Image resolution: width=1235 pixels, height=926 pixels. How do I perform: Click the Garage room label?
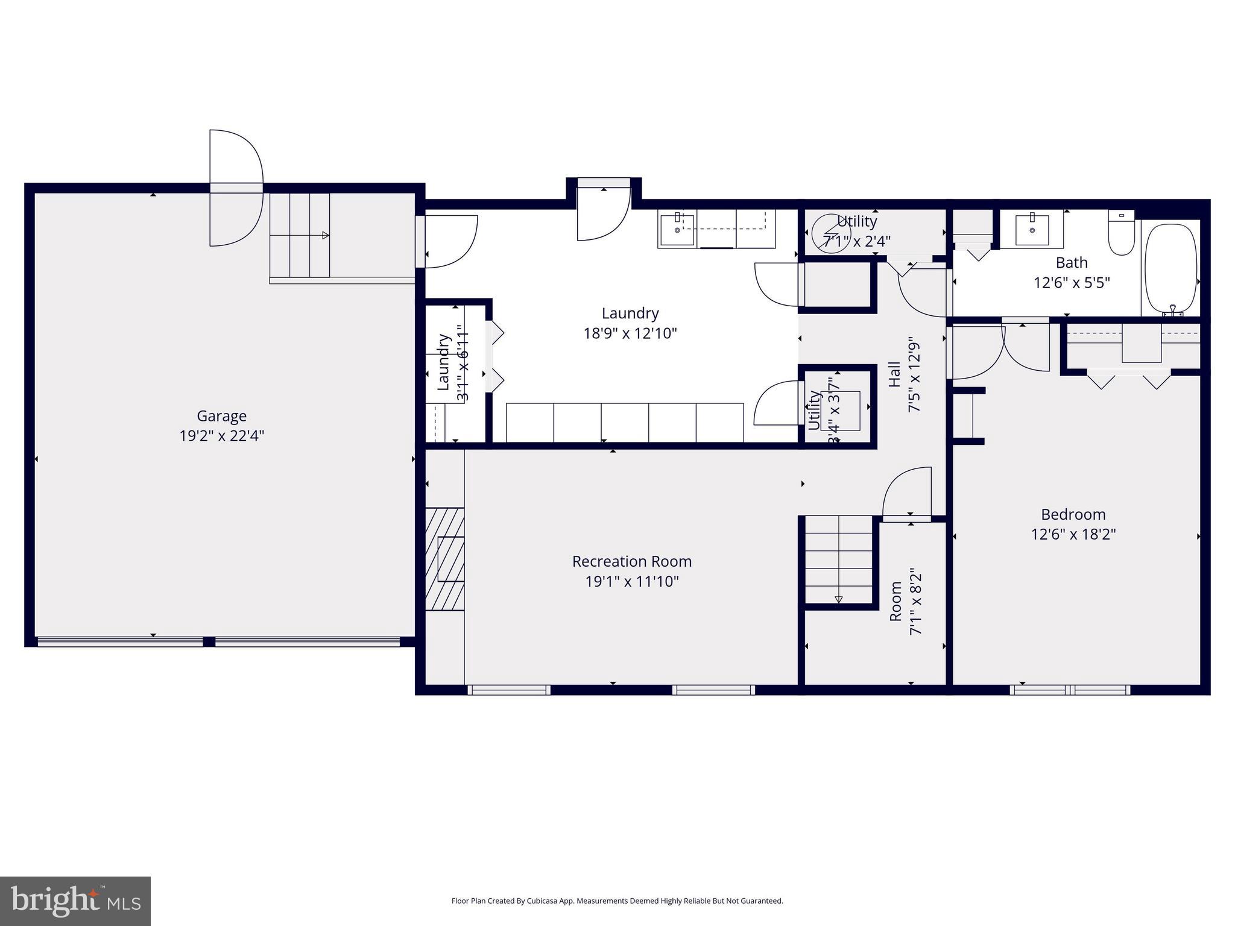click(x=221, y=416)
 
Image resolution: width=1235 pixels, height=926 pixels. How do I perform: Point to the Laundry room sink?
click(x=677, y=229)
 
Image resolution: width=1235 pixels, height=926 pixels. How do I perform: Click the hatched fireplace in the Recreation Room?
click(x=444, y=559)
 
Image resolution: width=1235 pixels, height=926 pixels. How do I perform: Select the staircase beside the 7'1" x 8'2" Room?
click(x=838, y=559)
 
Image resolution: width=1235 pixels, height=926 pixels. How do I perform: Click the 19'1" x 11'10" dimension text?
click(x=632, y=581)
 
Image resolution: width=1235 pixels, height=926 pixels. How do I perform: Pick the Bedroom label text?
click(x=1073, y=514)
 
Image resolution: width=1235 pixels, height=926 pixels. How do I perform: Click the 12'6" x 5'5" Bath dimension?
click(x=1072, y=283)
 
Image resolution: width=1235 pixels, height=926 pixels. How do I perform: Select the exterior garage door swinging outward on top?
click(x=236, y=187)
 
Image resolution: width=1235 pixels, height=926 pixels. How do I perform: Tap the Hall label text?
click(x=894, y=374)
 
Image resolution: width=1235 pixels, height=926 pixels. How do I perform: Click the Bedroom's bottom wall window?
click(x=1070, y=690)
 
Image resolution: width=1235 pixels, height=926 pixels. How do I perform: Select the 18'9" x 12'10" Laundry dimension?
click(x=630, y=333)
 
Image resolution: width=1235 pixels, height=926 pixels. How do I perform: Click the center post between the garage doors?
click(x=209, y=641)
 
